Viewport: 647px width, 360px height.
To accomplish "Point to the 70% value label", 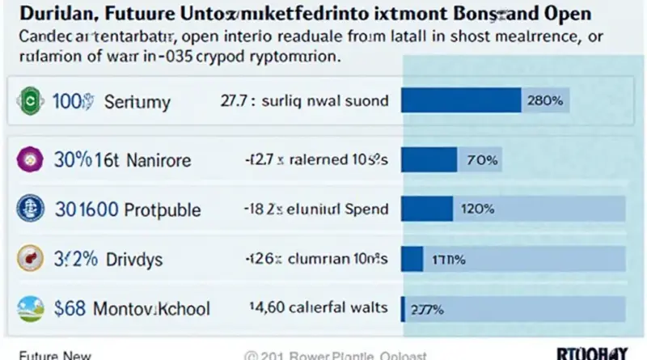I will click(x=480, y=160).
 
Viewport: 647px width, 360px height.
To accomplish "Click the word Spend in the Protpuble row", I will click(x=365, y=209).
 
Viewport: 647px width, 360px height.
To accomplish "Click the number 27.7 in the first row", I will click(x=235, y=102).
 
